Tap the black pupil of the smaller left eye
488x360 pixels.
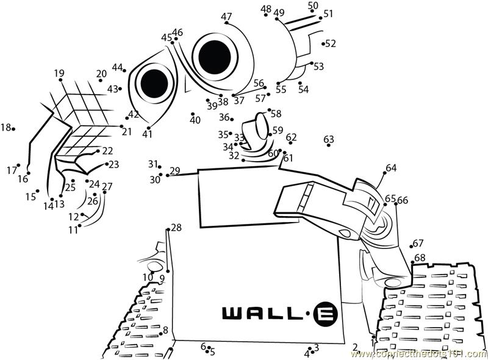point(154,81)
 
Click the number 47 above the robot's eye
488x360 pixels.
point(226,16)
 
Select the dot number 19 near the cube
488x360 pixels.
point(59,74)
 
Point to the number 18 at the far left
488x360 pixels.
point(5,128)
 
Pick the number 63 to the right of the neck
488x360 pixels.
point(329,140)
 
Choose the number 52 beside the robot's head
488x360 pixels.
point(331,43)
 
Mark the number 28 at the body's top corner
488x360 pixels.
point(176,228)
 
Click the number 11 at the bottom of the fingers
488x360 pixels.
point(73,230)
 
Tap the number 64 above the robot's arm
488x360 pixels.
point(390,168)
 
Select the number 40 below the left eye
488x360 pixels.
point(195,120)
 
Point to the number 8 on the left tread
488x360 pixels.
point(165,330)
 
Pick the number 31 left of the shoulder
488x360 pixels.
point(152,164)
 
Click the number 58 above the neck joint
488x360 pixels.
point(276,113)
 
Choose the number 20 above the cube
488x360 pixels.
point(101,74)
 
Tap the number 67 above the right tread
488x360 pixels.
point(418,243)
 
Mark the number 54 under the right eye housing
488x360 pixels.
point(303,89)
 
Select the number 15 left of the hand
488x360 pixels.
point(30,196)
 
